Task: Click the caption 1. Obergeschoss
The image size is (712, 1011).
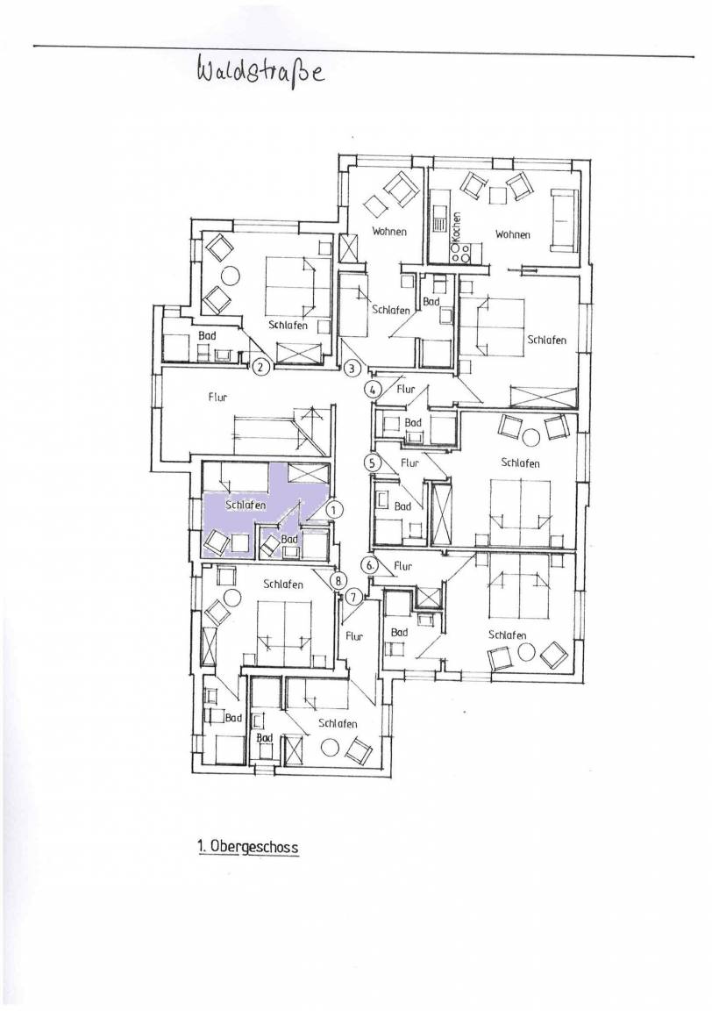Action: coord(248,847)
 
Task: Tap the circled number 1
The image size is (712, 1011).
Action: coord(333,509)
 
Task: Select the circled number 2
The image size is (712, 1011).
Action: coord(260,368)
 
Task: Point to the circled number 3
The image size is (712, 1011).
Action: coord(352,369)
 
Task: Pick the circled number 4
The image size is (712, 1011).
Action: coord(373,389)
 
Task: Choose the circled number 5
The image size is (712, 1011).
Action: coord(372,462)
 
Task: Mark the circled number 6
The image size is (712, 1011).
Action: coord(369,565)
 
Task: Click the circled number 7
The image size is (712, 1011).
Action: coord(352,597)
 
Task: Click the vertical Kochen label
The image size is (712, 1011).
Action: coord(456,227)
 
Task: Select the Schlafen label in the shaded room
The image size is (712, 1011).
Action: coord(246,505)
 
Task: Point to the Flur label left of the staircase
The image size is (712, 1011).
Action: coord(217,398)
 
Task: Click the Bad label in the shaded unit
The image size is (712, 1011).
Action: coord(289,538)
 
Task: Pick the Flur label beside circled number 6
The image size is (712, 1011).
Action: coord(402,566)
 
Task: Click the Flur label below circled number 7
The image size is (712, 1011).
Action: coord(354,635)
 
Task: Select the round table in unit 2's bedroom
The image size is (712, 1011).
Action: coord(231,276)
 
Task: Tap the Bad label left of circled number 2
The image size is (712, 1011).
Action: coord(208,335)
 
